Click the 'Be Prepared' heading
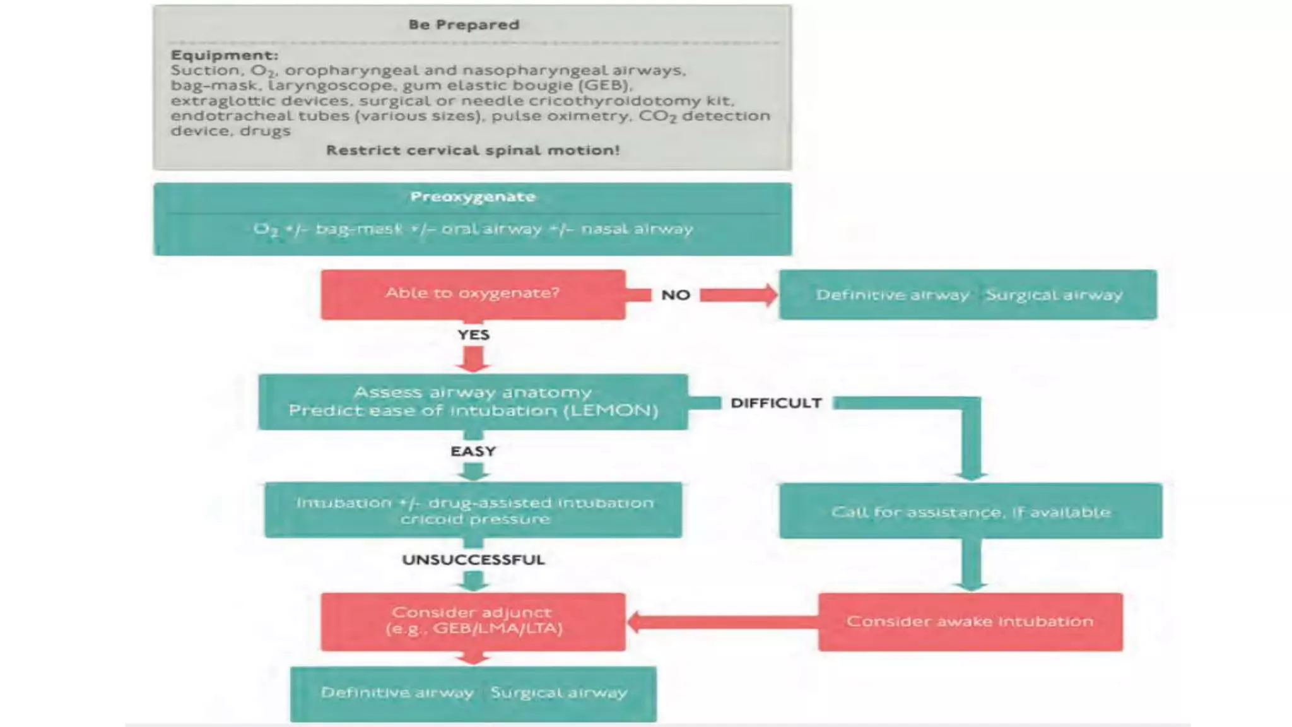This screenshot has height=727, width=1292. tap(464, 25)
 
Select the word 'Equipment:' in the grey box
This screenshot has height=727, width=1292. tap(224, 56)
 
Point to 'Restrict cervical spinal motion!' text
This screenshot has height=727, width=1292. tap(473, 151)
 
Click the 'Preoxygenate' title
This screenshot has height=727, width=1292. tap(473, 197)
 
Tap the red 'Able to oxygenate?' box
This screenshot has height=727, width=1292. tap(473, 294)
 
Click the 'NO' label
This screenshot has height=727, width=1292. tap(675, 295)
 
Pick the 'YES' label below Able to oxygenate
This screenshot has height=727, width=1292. tap(473, 335)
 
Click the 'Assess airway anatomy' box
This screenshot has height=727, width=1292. tap(473, 402)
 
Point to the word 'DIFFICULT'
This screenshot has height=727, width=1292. tap(776, 403)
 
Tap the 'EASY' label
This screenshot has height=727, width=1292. tap(473, 452)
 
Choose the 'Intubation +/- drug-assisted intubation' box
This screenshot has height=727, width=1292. tap(473, 511)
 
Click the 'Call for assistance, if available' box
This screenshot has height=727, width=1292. tap(970, 512)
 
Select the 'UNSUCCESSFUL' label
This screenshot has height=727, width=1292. tap(473, 560)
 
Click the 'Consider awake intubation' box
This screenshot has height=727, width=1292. tap(970, 622)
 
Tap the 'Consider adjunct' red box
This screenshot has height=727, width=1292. tap(473, 621)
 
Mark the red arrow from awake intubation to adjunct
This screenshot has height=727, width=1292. tap(719, 622)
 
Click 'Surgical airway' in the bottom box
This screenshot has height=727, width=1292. tap(559, 693)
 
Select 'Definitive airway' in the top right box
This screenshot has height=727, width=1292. tap(892, 295)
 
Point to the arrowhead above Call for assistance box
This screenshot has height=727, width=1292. tap(970, 475)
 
